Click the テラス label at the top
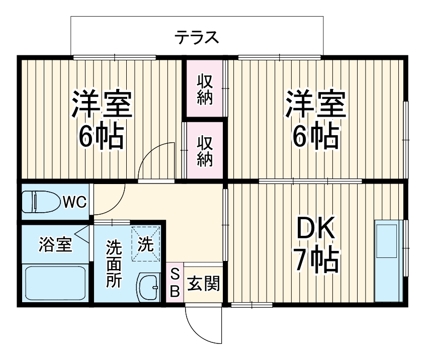pos(197,37)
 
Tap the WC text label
pos(75,202)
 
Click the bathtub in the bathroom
pos(55,283)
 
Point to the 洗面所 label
pos(114,264)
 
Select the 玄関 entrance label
pos(204,284)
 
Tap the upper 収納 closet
pos(204,89)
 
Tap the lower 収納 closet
pos(204,151)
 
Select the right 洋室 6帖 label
pos(316,120)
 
